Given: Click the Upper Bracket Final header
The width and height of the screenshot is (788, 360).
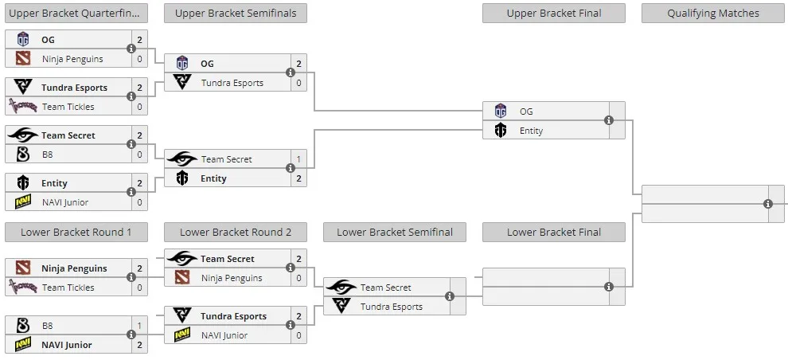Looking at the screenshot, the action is tap(554, 14).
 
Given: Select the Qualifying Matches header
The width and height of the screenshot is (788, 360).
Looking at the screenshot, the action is tap(713, 14).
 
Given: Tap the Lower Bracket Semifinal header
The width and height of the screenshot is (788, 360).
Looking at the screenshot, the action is tap(395, 233).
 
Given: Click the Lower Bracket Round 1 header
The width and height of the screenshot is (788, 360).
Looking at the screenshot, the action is tap(76, 233).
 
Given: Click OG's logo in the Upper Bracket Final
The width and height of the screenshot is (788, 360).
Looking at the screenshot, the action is tap(501, 112).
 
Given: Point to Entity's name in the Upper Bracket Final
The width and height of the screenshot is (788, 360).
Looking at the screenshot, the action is tap(531, 131).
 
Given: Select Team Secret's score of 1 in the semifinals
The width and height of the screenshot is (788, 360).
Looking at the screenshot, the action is tap(298, 159).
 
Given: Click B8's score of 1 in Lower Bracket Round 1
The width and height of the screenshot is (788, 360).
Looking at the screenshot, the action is tap(139, 326).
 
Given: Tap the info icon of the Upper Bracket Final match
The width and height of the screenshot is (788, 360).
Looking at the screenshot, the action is tap(609, 120).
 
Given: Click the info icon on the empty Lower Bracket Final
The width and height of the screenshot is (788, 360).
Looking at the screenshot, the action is tap(609, 287).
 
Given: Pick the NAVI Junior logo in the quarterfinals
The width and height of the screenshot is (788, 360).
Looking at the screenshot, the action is tap(22, 202).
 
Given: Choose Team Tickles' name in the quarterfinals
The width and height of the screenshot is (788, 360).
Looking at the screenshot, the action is tap(68, 107).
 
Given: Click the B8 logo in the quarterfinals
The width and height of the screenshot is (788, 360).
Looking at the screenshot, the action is tap(22, 155).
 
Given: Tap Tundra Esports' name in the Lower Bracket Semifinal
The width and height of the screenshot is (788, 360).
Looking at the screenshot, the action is tap(392, 307).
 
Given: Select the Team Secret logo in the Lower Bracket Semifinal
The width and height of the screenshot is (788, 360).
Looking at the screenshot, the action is tap(341, 287).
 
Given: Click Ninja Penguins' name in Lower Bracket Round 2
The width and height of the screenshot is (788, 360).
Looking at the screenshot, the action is tap(232, 278).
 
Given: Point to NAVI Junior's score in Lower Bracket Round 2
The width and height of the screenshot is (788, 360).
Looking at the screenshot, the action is tap(298, 335).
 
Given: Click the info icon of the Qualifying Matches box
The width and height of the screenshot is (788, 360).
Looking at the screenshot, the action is tap(768, 204).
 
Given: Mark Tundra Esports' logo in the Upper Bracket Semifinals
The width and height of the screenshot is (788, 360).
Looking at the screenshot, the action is tap(182, 82).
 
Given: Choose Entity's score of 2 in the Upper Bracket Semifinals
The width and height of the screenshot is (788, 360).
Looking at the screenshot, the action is tap(298, 178).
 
